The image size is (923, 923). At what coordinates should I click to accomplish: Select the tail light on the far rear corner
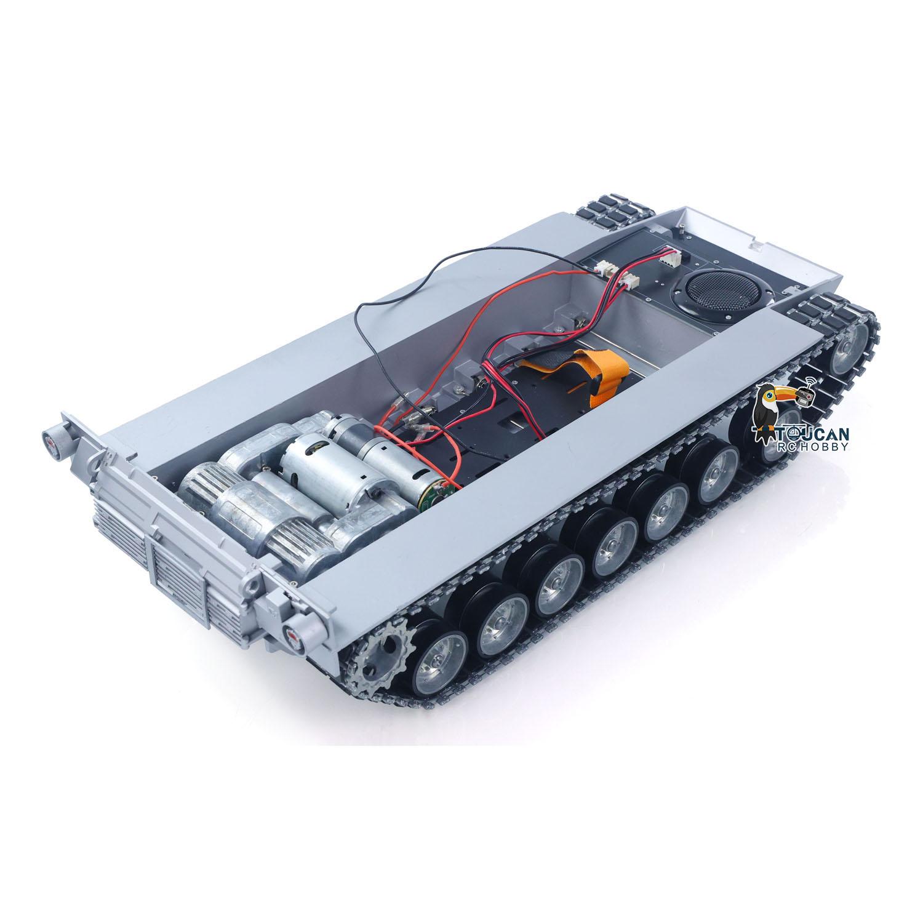[x=52, y=439]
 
